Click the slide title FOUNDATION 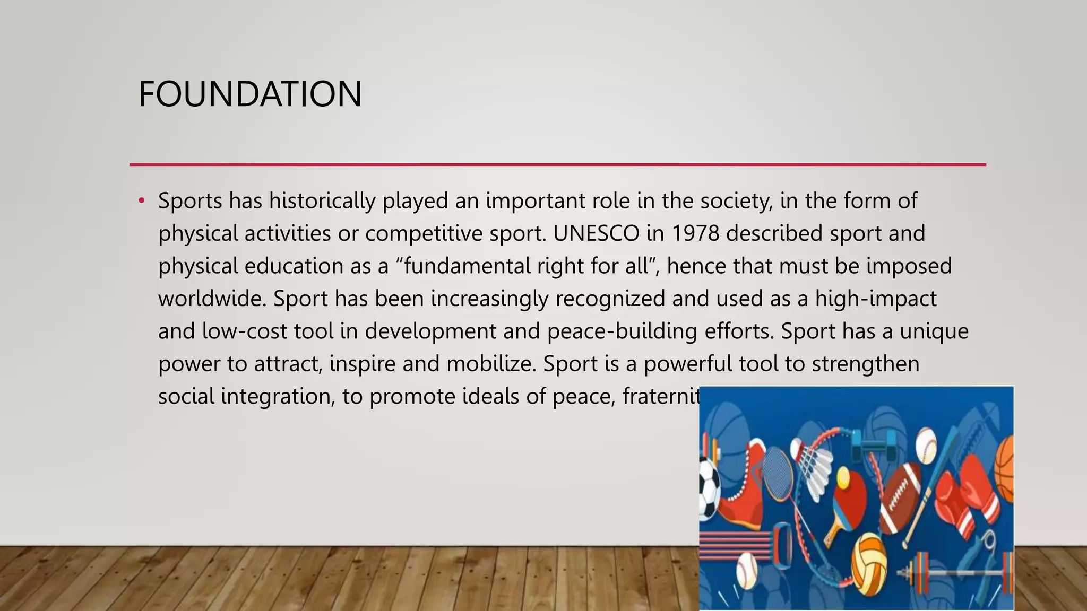[x=250, y=94]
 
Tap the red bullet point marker [x=141, y=201]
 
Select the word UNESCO [x=596, y=233]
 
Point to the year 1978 [x=695, y=233]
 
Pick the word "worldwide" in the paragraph [x=212, y=299]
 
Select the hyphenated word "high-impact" [x=876, y=299]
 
